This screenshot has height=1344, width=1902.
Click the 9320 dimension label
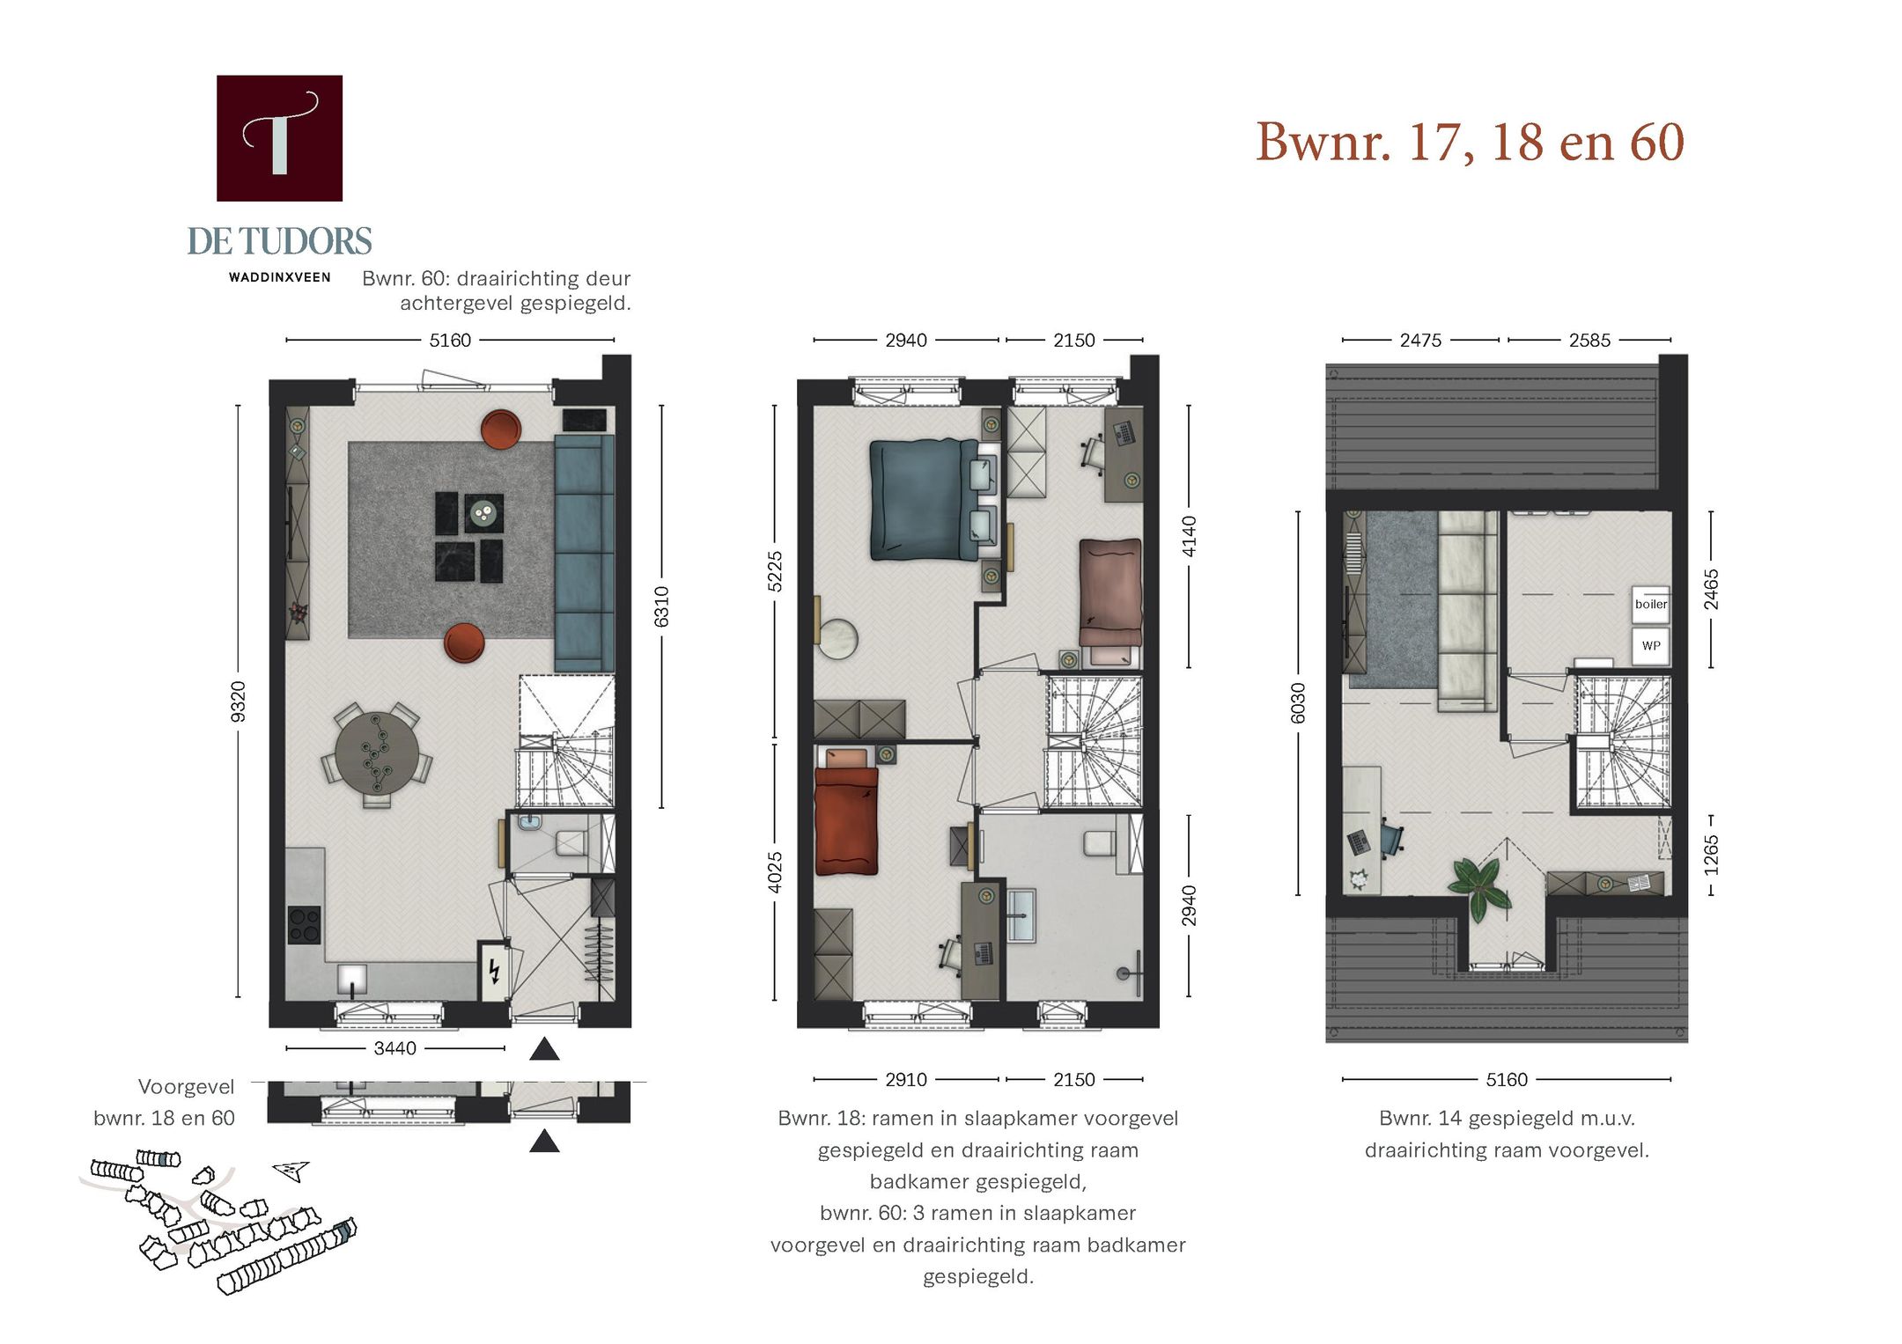tap(238, 701)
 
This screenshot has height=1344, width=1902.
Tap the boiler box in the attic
tap(1650, 604)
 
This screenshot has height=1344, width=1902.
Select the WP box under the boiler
tap(1650, 645)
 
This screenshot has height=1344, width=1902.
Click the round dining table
tap(377, 753)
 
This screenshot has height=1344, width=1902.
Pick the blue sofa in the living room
tap(583, 553)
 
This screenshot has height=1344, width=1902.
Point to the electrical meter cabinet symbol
tap(494, 971)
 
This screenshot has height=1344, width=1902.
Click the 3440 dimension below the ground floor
tap(394, 1048)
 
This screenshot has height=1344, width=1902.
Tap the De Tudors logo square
tap(279, 138)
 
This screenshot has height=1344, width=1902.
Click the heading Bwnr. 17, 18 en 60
tap(1469, 142)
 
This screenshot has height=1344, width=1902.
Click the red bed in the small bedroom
tap(846, 820)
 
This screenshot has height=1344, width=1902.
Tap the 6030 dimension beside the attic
tap(1297, 702)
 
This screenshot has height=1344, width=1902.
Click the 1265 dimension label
tap(1710, 854)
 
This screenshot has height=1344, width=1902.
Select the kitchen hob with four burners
tap(304, 924)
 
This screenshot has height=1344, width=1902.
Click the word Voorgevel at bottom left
tap(186, 1087)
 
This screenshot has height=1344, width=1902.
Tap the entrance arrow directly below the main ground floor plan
tap(544, 1049)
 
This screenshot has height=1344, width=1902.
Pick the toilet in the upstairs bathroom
tap(1099, 842)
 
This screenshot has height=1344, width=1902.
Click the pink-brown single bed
tap(1109, 591)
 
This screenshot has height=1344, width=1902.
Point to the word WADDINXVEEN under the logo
tap(279, 277)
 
